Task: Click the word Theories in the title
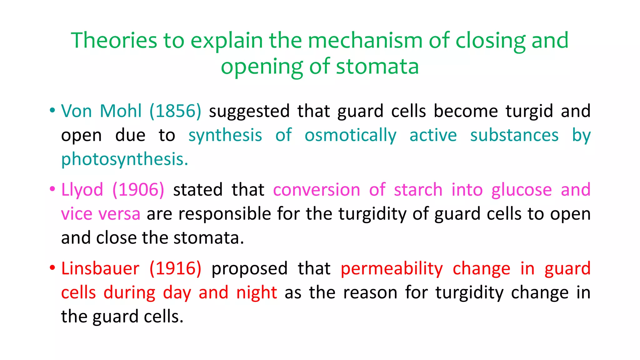[x=114, y=41]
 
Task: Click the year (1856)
[x=175, y=111]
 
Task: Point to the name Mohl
[x=121, y=111]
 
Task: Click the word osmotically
[x=350, y=136]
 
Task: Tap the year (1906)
[x=138, y=190]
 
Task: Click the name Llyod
[x=82, y=190]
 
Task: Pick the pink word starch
[x=418, y=190]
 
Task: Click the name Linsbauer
[x=100, y=269]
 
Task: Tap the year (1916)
[x=175, y=269]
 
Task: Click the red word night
[x=257, y=293]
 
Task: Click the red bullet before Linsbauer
[x=52, y=268]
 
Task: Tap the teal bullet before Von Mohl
[x=52, y=110]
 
